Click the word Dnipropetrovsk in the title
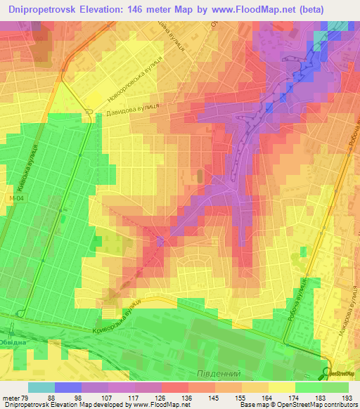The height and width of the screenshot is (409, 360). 44,8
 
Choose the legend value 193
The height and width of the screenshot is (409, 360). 347,398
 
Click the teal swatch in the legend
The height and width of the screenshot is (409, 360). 41,387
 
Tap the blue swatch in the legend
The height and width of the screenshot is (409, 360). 68,387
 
